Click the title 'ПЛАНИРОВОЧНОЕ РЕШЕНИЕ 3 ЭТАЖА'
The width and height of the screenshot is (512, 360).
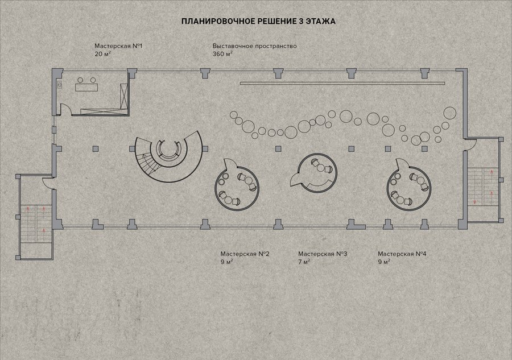pyautogui.click(x=258, y=22)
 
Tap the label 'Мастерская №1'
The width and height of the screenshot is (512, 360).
pyautogui.click(x=118, y=46)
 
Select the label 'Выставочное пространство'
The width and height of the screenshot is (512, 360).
pyautogui.click(x=255, y=46)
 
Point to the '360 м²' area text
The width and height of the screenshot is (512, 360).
pyautogui.click(x=222, y=54)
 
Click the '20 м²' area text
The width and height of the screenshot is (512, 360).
pyautogui.click(x=102, y=54)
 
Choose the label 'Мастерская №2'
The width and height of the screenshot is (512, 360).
pyautogui.click(x=245, y=254)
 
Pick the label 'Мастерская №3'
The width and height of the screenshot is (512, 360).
pyautogui.click(x=323, y=254)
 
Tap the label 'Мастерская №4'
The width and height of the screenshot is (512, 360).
pyautogui.click(x=402, y=254)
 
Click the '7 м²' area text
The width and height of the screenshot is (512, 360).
pyautogui.click(x=304, y=262)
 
